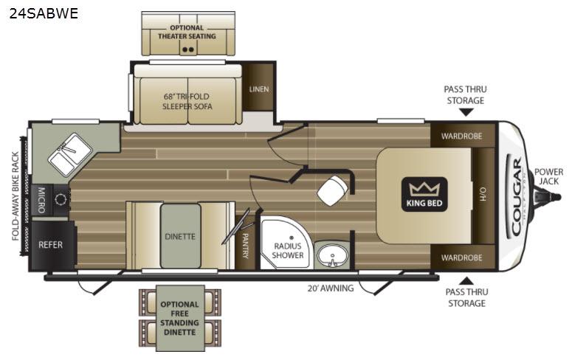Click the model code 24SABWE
[44, 13]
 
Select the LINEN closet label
[259, 89]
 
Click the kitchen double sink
[70, 154]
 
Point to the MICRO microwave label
[41, 200]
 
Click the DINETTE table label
[180, 236]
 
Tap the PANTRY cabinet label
[245, 246]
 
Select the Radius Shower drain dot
[291, 238]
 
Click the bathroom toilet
[332, 190]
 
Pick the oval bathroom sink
[332, 255]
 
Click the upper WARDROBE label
[461, 136]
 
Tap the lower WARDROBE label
[461, 257]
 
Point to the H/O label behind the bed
[483, 195]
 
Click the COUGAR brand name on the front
[516, 196]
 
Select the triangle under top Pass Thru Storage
[466, 113]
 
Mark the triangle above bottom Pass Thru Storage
[466, 281]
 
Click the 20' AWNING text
[331, 288]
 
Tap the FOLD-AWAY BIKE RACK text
[15, 196]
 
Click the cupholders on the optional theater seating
[188, 49]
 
